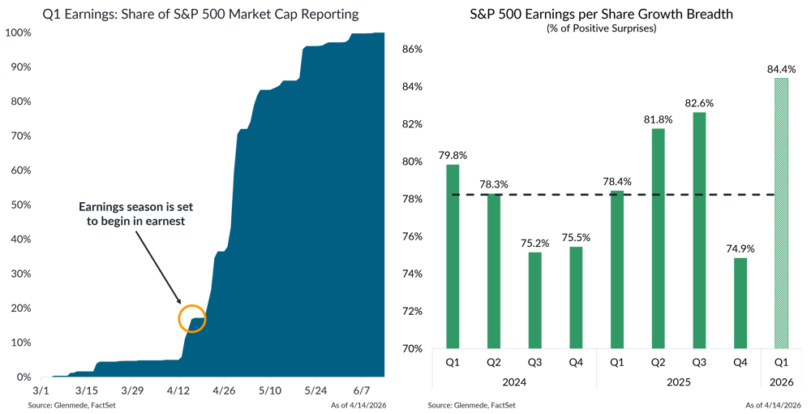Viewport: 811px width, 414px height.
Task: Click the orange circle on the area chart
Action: coord(192,317)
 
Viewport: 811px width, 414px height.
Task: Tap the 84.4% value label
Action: coord(781,67)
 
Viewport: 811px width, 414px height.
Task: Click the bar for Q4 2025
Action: coord(740,302)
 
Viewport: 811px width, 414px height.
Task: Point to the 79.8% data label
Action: coord(453,154)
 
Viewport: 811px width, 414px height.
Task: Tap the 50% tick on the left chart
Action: coord(21,205)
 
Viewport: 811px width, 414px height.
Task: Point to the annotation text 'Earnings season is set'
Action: coord(136,207)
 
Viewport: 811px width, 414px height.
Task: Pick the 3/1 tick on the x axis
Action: coord(41,390)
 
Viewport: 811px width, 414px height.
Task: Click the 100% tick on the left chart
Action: coord(19,32)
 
